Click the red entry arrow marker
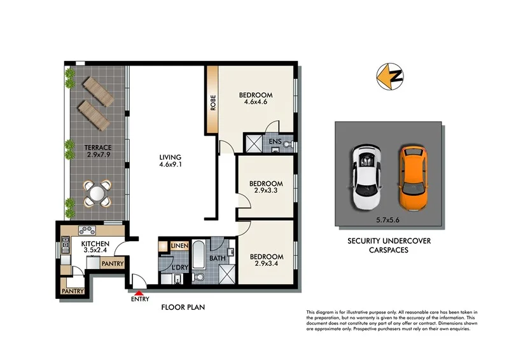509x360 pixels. click(x=139, y=291)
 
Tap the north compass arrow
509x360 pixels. click(x=387, y=74)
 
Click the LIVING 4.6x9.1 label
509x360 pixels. click(x=171, y=162)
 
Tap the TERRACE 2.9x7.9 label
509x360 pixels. click(x=98, y=151)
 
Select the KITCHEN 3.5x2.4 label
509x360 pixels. click(x=95, y=248)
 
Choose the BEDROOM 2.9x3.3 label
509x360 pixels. click(x=266, y=188)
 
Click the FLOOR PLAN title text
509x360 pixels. click(x=182, y=308)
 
